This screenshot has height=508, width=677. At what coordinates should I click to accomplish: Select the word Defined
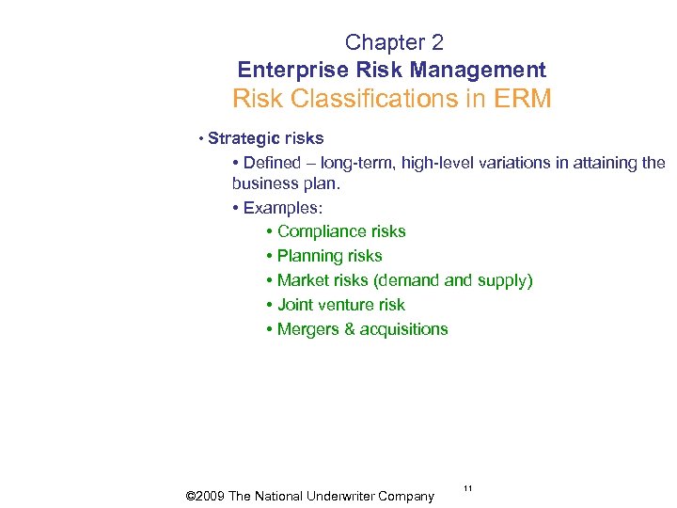tap(273, 163)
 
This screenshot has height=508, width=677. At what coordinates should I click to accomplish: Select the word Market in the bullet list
tap(304, 280)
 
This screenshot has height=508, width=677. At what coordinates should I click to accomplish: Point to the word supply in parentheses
tap(504, 280)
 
